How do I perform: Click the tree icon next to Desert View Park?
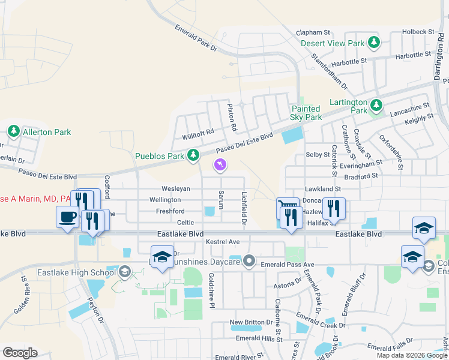375,43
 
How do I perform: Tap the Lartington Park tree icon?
376,106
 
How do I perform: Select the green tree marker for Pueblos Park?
193,156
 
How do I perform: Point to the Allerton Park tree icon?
14,131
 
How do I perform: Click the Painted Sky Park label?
306,113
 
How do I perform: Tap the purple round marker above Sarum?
221,164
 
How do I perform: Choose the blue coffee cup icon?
66,217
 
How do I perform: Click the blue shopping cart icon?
288,208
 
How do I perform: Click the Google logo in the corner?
20,352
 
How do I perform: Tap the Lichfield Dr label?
244,208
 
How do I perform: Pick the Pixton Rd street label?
231,118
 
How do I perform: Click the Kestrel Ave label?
223,242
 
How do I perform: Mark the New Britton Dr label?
252,322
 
